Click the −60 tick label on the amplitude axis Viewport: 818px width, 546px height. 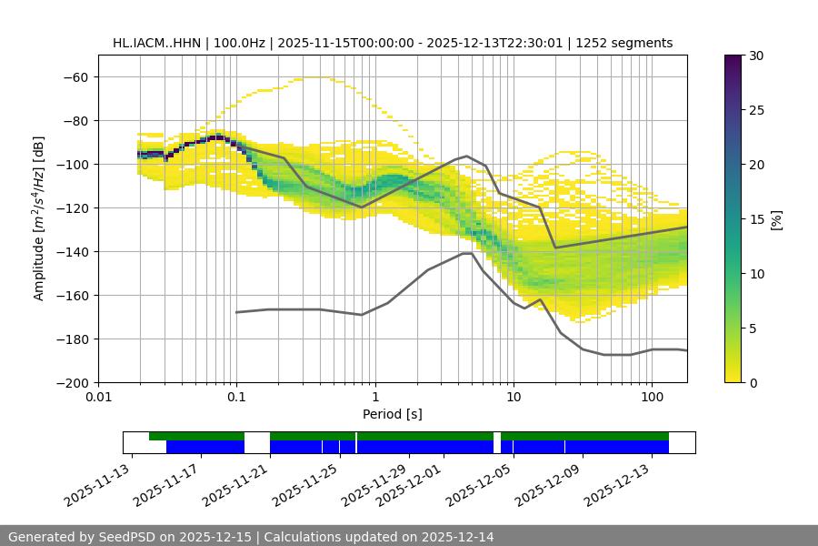75,76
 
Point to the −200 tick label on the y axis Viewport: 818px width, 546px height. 72,382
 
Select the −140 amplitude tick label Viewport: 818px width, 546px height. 72,251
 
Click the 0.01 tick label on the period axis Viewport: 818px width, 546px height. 98,397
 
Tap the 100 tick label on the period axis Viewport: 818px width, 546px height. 652,397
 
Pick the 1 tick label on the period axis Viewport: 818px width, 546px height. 374,397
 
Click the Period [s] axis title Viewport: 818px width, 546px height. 392,414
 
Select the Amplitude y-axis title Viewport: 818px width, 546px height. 39,218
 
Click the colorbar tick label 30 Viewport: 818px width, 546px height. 756,56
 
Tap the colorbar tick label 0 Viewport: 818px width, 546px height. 753,383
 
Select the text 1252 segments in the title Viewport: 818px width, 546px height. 631,43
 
